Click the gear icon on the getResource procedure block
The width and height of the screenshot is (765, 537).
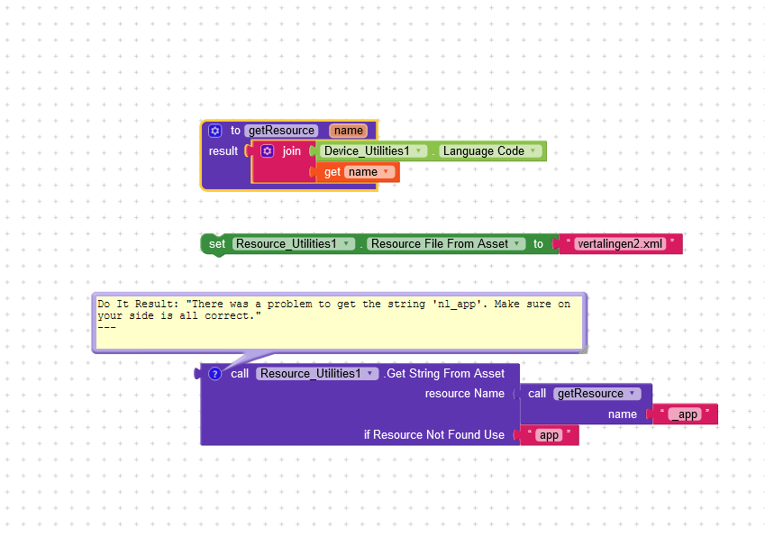[214, 131]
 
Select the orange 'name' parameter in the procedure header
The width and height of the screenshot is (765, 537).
[349, 131]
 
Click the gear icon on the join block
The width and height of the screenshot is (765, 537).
[268, 151]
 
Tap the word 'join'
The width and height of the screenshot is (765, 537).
[292, 151]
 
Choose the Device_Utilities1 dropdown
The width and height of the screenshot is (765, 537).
[371, 151]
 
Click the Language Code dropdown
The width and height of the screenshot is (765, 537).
[490, 151]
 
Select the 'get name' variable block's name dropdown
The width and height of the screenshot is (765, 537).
[369, 172]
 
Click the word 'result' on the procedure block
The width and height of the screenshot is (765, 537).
[223, 151]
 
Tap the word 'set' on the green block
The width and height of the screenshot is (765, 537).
[217, 244]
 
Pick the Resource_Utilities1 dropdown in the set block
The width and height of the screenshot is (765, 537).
[292, 244]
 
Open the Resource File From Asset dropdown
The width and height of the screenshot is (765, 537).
[446, 244]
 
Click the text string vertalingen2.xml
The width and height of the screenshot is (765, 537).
[620, 244]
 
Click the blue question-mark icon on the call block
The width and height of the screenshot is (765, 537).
[214, 374]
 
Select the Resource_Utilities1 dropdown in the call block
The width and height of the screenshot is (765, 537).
[317, 374]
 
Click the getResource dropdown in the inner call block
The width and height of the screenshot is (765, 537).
[597, 394]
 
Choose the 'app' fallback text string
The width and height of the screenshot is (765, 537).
[549, 435]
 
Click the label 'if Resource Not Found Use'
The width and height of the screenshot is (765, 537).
[433, 435]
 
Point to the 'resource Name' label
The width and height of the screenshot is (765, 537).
[464, 394]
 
